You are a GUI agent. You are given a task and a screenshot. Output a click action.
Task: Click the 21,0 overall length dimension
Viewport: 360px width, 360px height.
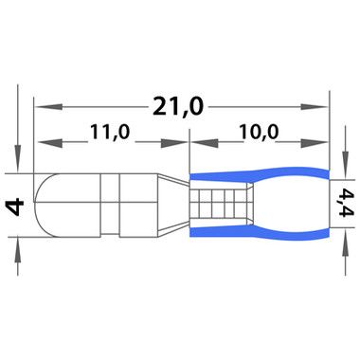(x=178, y=107)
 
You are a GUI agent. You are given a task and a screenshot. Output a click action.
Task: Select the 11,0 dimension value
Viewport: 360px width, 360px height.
(x=110, y=133)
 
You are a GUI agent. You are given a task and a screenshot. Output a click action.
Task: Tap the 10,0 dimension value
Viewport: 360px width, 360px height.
(x=259, y=133)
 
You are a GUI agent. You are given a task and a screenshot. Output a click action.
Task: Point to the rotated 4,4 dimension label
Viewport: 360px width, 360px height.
(x=346, y=203)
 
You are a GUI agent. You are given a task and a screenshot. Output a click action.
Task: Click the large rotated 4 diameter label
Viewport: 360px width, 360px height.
(x=14, y=207)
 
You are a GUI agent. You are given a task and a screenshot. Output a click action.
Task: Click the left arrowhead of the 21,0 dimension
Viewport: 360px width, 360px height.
(x=47, y=107)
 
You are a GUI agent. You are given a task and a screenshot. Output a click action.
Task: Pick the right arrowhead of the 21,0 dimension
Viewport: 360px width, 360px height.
(x=314, y=107)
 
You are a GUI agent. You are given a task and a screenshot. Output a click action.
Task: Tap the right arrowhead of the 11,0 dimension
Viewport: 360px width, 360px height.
(x=174, y=143)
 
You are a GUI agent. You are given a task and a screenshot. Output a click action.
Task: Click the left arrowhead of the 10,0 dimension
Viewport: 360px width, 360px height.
(x=205, y=143)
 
